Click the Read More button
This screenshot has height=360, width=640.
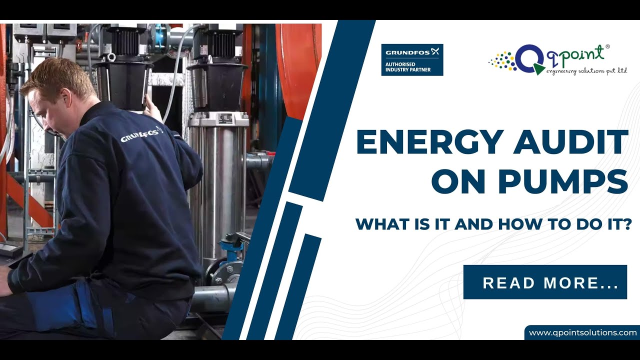pos(545,282)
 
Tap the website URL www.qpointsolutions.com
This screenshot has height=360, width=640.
pos(582,332)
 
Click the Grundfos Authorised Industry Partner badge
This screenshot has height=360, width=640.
pos(412,60)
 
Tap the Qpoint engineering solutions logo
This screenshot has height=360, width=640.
pos(557,60)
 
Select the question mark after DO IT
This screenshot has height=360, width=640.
pos(623,223)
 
